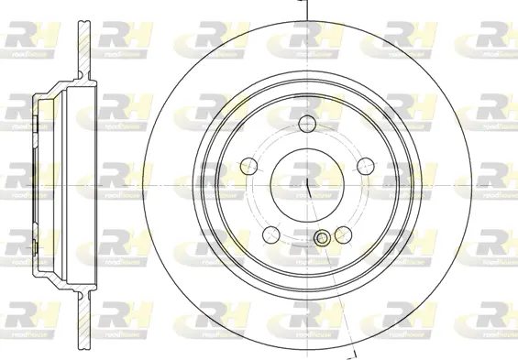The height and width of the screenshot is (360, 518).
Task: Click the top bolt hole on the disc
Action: pyautogui.click(x=307, y=125)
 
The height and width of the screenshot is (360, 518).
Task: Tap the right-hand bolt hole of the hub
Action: pyautogui.click(x=365, y=166)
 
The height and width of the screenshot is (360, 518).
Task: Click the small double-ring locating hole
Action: pyautogui.click(x=322, y=239)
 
